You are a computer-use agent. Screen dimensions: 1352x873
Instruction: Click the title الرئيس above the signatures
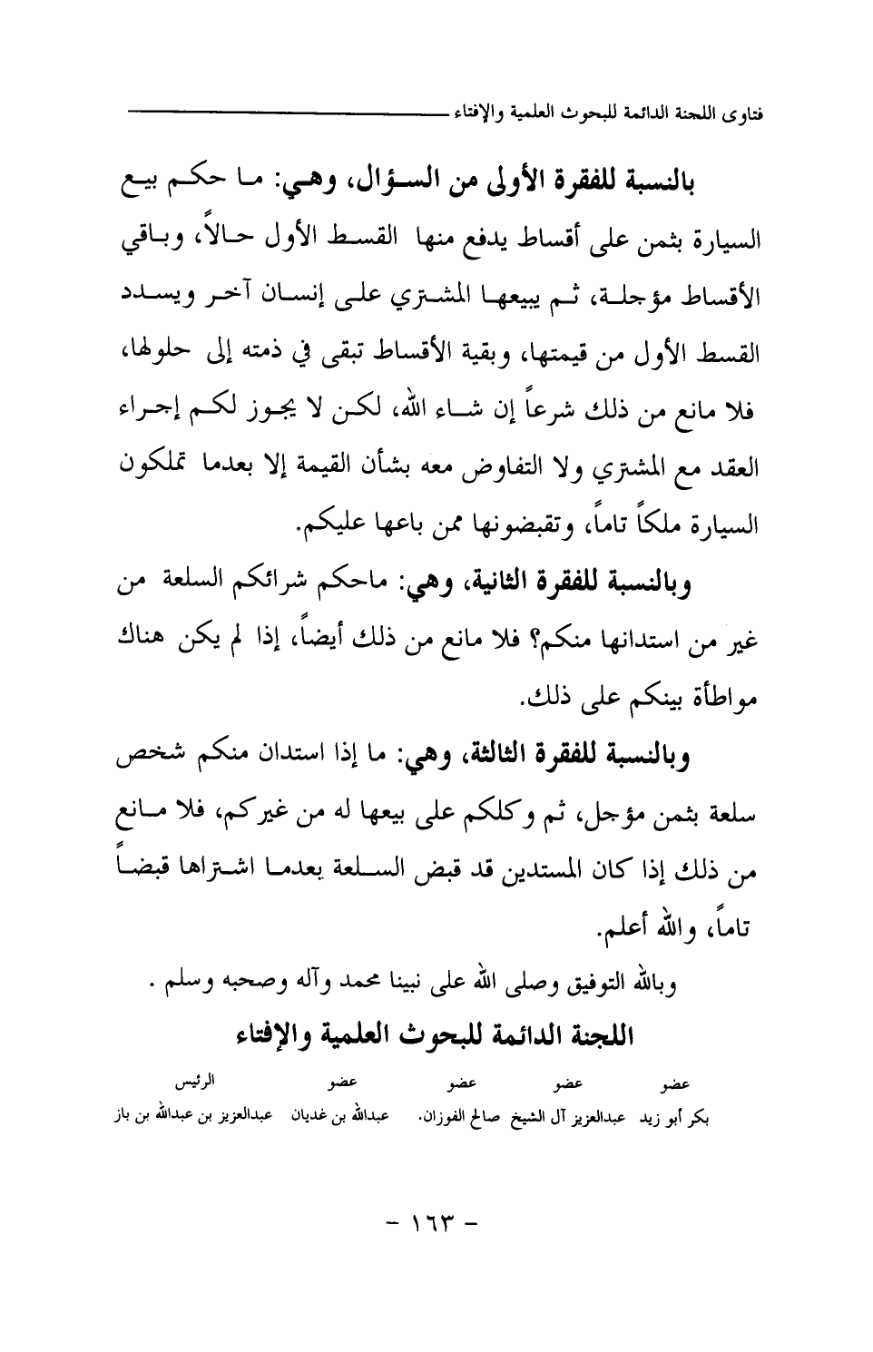(193, 1083)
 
